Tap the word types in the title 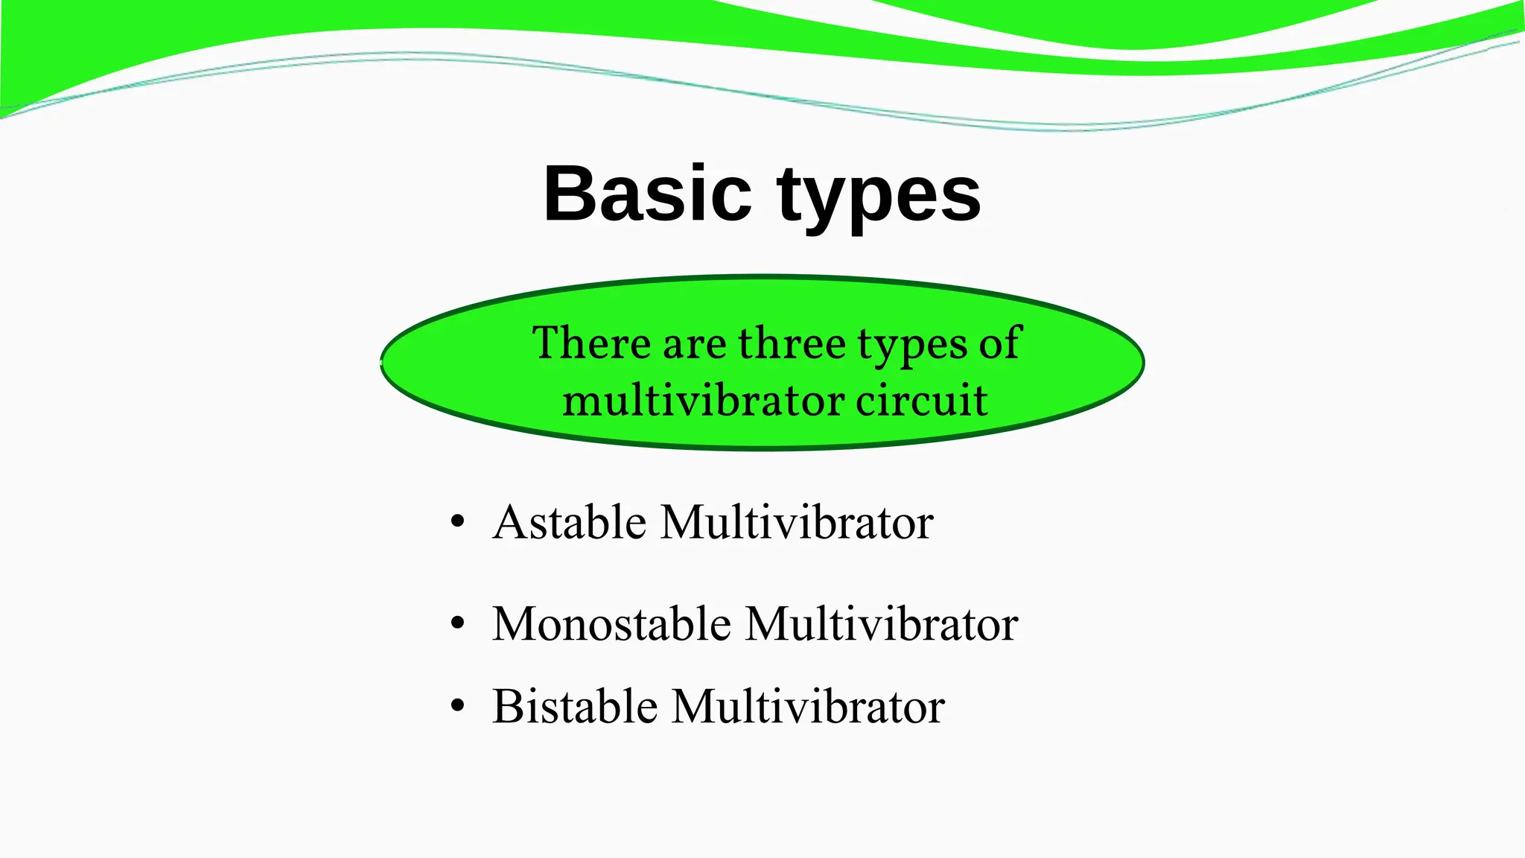click(879, 197)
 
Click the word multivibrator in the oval click(703, 400)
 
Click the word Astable click(569, 522)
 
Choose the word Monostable click(611, 623)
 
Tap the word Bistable click(575, 706)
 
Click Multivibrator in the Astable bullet click(797, 522)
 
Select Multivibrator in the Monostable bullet click(882, 623)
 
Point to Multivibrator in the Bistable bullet click(808, 706)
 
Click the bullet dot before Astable click(457, 521)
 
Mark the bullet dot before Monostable click(457, 623)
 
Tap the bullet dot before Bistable click(457, 705)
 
